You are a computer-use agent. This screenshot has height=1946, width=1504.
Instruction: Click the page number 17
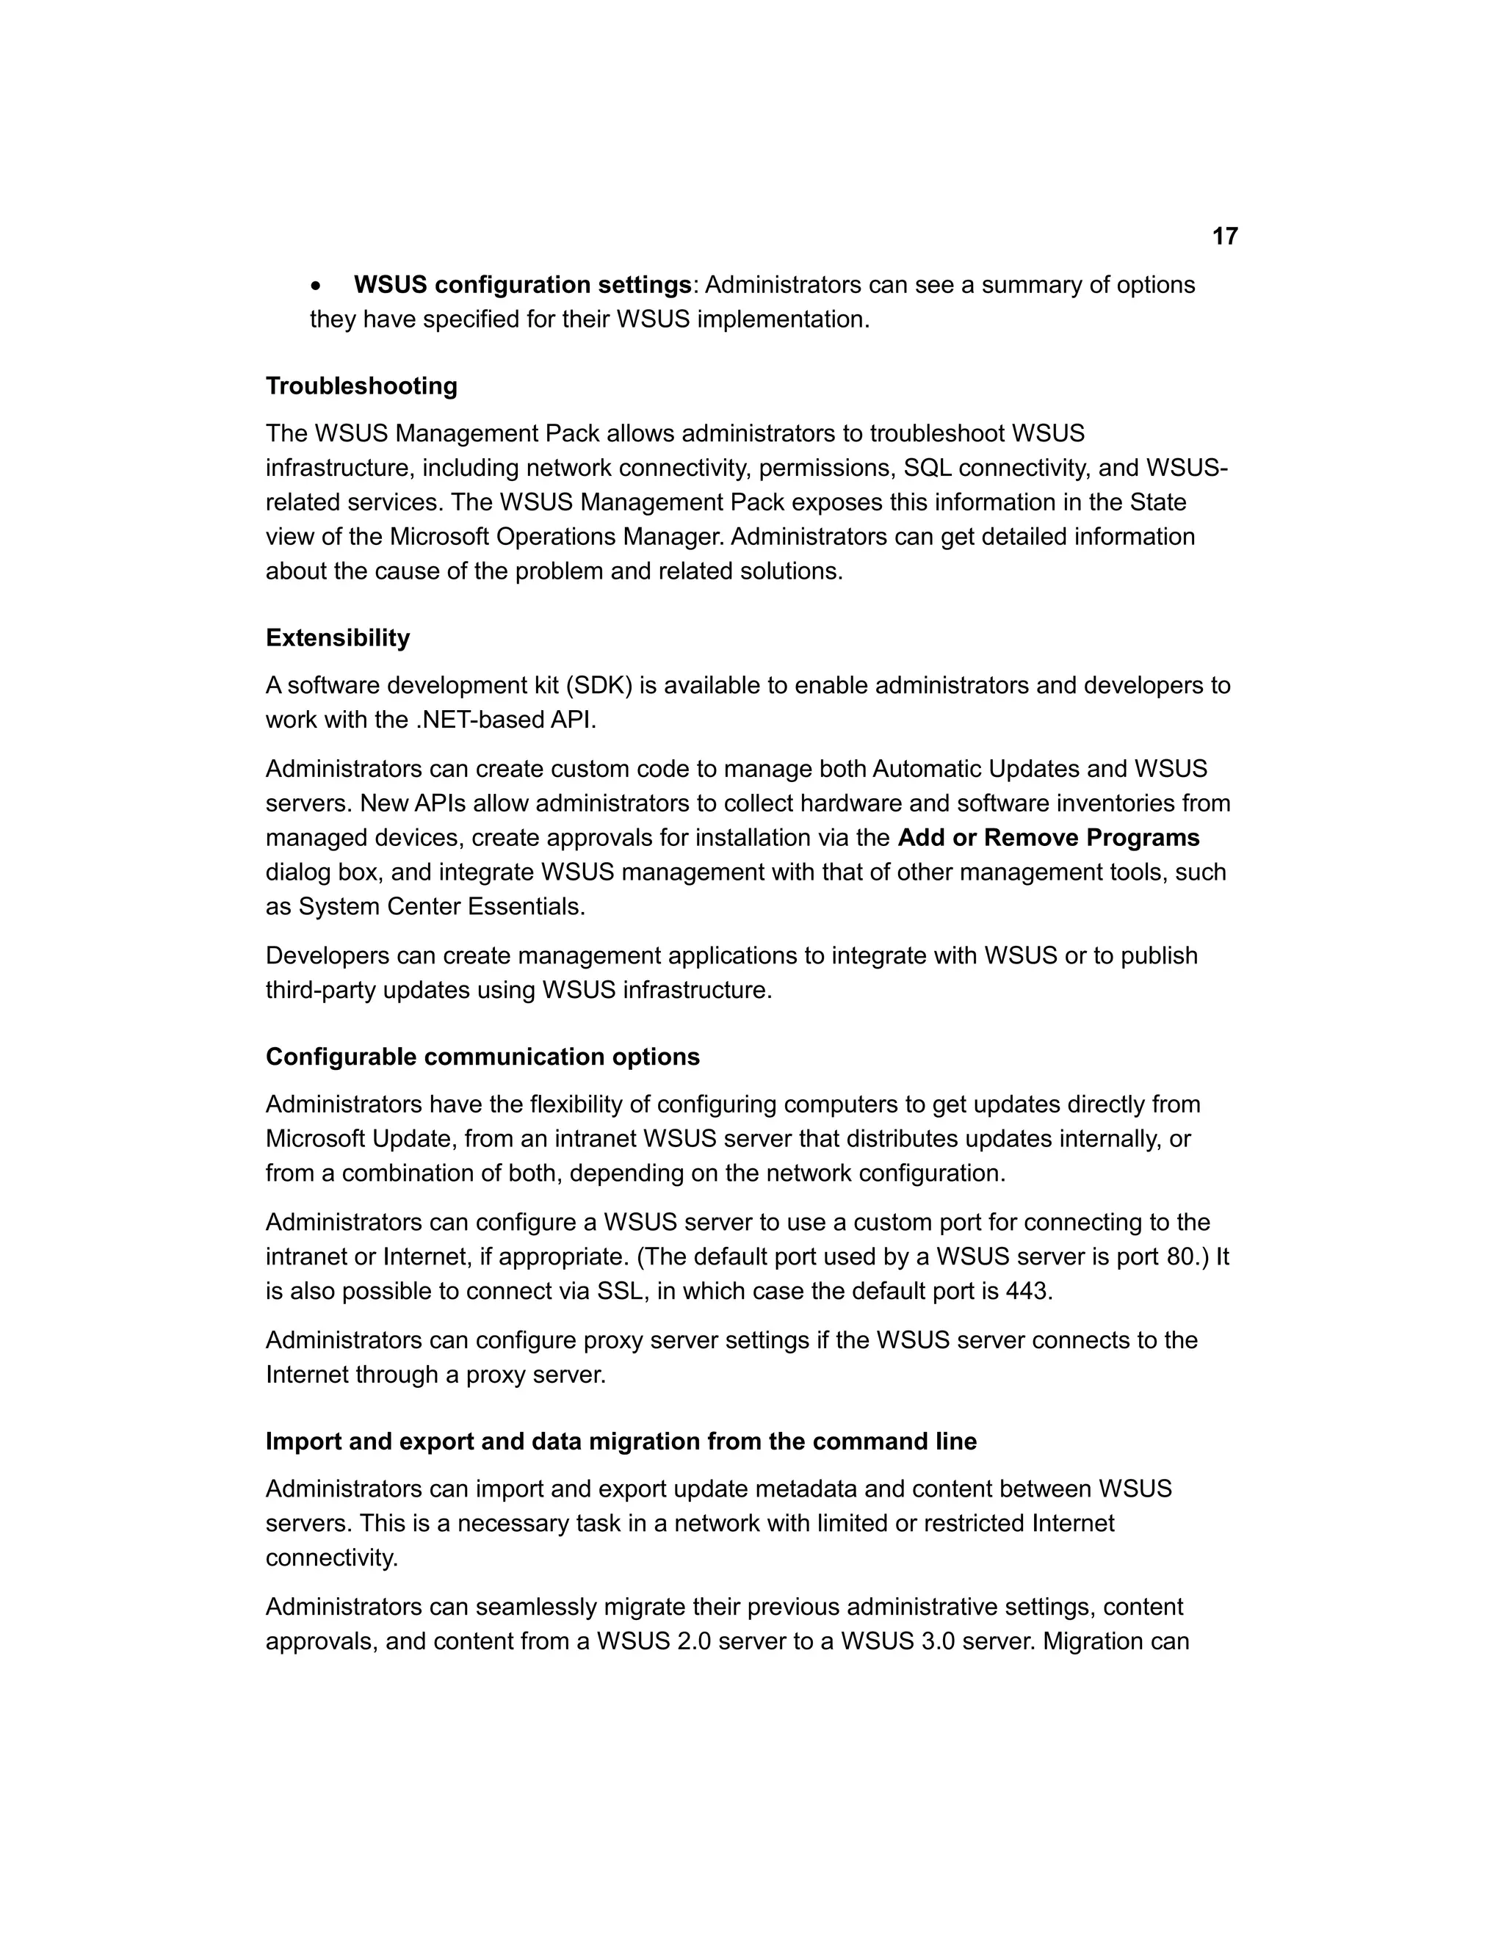(1225, 236)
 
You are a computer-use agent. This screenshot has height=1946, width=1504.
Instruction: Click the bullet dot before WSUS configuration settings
(317, 286)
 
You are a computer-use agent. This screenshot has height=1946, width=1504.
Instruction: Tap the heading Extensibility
(338, 638)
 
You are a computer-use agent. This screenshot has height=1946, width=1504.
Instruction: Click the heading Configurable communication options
(482, 1057)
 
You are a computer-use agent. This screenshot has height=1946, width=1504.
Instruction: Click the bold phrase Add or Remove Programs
(1049, 838)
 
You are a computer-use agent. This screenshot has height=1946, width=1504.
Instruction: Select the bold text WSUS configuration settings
(522, 285)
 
